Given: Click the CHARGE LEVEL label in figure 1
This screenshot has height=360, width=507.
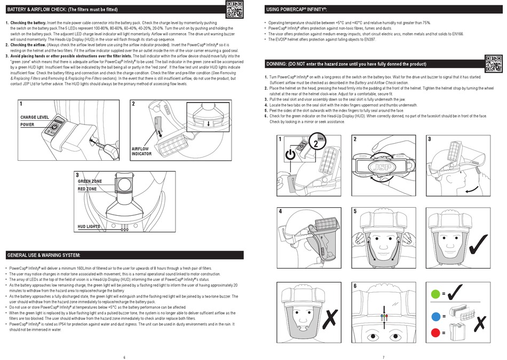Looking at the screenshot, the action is (x=35, y=116).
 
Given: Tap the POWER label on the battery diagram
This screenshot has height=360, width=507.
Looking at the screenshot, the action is (x=27, y=124).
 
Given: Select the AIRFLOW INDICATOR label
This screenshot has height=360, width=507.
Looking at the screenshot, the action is (x=141, y=151).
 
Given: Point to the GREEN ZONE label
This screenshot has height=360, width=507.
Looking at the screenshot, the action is (x=90, y=182).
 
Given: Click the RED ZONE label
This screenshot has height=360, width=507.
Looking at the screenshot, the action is (x=87, y=189).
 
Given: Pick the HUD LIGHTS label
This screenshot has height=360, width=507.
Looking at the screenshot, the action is (x=89, y=226).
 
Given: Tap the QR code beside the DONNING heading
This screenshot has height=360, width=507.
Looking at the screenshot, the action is (x=493, y=64).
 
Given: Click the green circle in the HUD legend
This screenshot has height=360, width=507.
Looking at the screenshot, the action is (x=437, y=294).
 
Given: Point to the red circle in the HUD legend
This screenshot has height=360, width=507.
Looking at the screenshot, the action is (x=437, y=333).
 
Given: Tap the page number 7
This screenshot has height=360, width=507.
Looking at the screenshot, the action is (x=383, y=357).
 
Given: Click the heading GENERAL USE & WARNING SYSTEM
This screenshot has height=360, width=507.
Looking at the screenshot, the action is (x=44, y=255).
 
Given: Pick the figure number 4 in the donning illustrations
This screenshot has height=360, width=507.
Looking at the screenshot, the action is (x=280, y=212).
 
